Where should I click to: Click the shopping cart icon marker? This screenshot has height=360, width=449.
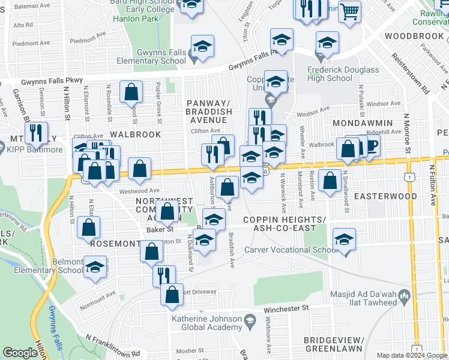point(349,11)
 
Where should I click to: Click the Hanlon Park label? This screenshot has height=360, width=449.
point(135,19)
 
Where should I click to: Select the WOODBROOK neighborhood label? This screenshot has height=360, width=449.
point(414,36)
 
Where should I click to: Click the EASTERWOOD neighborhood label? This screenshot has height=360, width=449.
point(385,196)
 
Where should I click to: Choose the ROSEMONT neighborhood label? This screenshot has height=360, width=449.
point(115,244)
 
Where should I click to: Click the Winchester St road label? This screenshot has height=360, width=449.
point(286,308)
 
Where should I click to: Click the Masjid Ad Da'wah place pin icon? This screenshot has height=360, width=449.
point(405,294)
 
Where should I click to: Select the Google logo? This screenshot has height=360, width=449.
point(20,353)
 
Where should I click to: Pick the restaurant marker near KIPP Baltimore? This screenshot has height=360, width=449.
point(37,133)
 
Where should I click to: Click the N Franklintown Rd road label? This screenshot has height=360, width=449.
point(112,346)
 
